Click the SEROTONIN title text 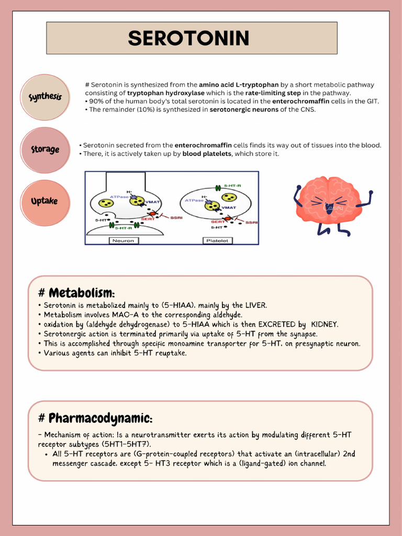[188, 38]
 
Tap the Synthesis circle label [45, 97]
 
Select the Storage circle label [45, 150]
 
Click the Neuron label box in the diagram [122, 241]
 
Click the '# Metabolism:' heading [76, 293]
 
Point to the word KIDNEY [325, 325]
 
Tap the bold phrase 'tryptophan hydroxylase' [166, 93]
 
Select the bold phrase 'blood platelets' [207, 154]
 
